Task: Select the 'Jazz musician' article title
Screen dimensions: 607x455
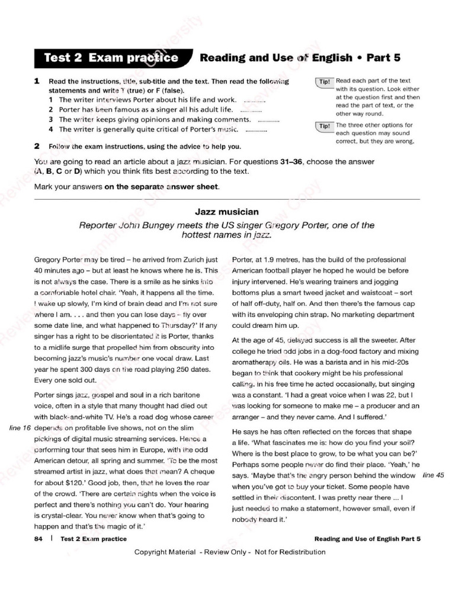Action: click(227, 212)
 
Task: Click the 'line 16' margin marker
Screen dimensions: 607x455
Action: click(20, 427)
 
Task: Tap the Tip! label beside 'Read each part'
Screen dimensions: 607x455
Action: click(325, 82)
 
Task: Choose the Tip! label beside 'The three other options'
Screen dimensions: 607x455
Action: click(325, 126)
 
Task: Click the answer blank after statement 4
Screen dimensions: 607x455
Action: click(256, 130)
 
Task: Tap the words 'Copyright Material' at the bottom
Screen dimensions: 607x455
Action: click(164, 552)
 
